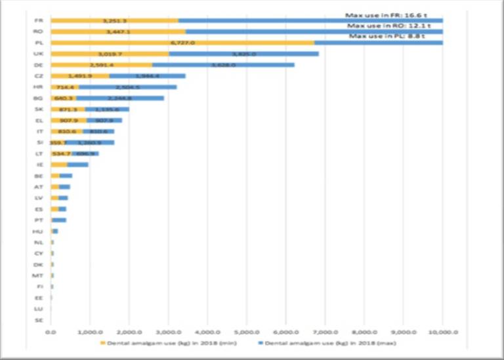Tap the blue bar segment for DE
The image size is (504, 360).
pyautogui.click(x=223, y=65)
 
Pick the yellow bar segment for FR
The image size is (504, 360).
pyautogui.click(x=115, y=20)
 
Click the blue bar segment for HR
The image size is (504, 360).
pyautogui.click(x=127, y=87)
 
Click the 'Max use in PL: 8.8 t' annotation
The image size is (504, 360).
pyautogui.click(x=387, y=36)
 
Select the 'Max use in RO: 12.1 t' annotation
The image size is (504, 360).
pyautogui.click(x=387, y=26)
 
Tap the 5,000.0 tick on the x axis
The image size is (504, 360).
pyautogui.click(x=247, y=332)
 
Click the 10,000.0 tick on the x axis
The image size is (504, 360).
pyautogui.click(x=442, y=332)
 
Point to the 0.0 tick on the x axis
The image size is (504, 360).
pyautogui.click(x=51, y=332)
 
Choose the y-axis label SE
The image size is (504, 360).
pyautogui.click(x=38, y=320)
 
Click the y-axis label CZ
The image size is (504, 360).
pyautogui.click(x=38, y=76)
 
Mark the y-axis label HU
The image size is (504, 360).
pyautogui.click(x=38, y=231)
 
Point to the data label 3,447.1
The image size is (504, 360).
pyautogui.click(x=119, y=31)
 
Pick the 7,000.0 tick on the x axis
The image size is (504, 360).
pyautogui.click(x=325, y=332)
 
